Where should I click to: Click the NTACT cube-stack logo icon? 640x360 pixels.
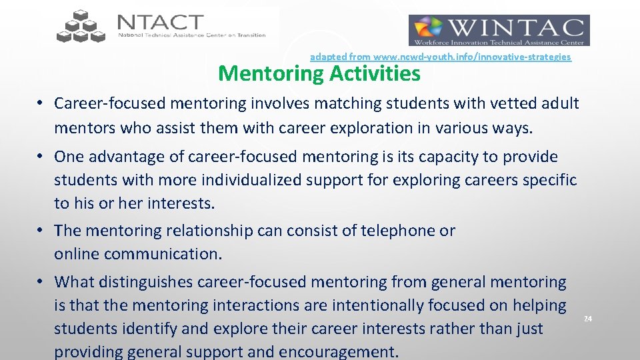(81, 27)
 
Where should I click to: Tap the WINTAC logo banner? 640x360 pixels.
(499, 31)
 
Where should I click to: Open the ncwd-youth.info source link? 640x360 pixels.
(440, 57)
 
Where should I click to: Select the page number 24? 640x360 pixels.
(587, 319)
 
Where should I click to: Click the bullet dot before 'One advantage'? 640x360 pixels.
(41, 157)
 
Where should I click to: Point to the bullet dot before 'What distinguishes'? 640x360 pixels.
(41, 282)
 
